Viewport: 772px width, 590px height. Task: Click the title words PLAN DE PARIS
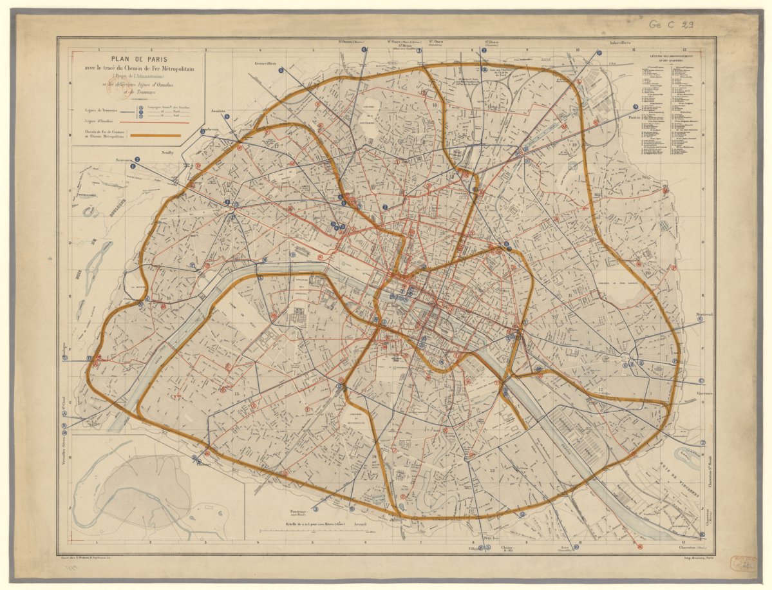(x=138, y=59)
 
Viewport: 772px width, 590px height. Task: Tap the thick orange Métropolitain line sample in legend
(x=156, y=135)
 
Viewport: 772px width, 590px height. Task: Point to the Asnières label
(x=218, y=111)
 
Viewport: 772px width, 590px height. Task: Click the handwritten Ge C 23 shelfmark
(x=671, y=25)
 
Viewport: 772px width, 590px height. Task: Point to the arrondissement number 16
(x=169, y=298)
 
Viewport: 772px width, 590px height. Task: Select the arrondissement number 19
(x=575, y=146)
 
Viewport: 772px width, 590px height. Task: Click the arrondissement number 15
(x=236, y=394)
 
